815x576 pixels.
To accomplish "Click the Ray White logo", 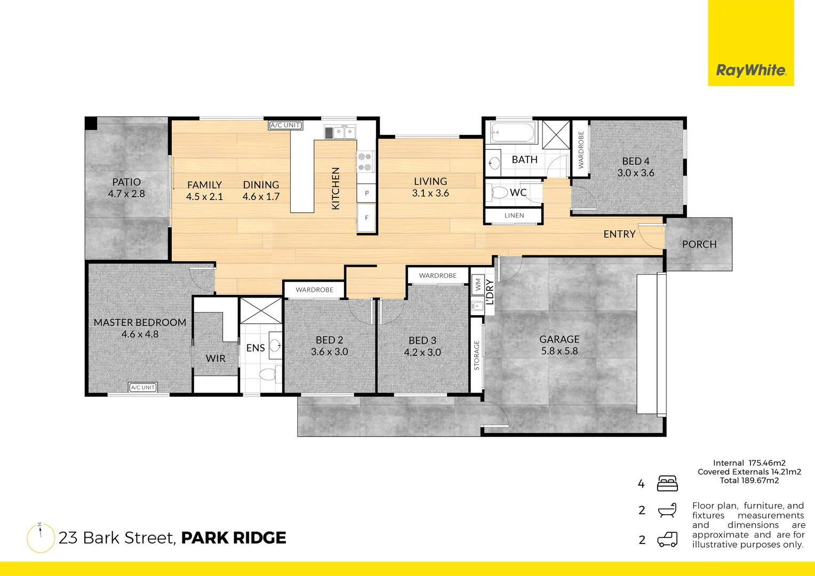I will tap(750, 70).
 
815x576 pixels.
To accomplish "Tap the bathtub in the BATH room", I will tap(512, 132).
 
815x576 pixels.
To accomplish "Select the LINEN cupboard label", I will tap(514, 215).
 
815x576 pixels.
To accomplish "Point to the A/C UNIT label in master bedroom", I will tap(142, 388).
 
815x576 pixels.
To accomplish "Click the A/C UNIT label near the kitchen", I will tap(285, 125).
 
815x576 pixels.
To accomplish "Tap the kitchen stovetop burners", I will tap(365, 162).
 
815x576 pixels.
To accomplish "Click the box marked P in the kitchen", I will tap(366, 193).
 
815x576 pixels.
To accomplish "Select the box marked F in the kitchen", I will tap(366, 218).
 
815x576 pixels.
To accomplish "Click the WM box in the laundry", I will tap(478, 285).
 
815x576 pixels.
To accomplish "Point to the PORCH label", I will tap(699, 244).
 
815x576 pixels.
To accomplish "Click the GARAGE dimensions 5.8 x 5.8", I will tap(559, 351).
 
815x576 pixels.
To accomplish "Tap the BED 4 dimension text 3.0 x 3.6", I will tap(635, 173).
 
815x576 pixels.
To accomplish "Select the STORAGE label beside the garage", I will tap(476, 355).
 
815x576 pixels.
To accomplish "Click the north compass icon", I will tap(41, 538).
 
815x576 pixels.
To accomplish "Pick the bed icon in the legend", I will tap(667, 483).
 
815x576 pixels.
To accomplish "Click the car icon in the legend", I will tap(667, 540).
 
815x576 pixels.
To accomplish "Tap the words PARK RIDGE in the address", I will tap(234, 538).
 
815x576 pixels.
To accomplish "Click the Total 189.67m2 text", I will tap(749, 481).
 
